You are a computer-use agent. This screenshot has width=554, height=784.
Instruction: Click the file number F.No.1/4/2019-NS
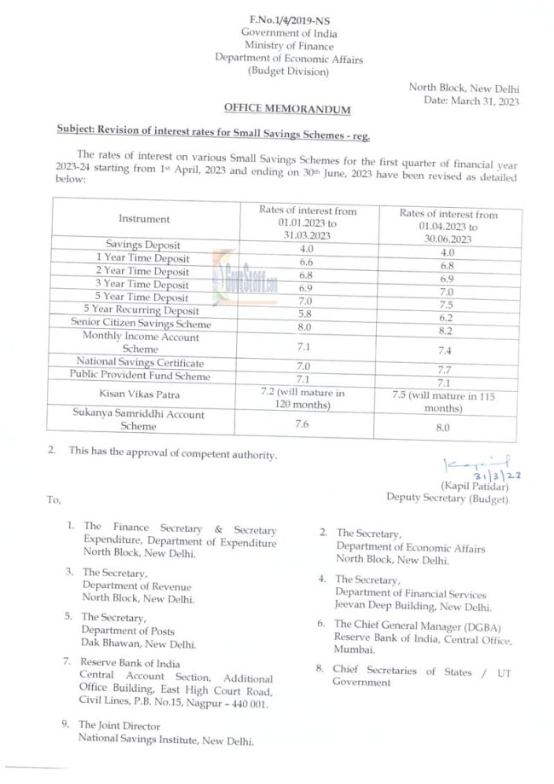click(275, 19)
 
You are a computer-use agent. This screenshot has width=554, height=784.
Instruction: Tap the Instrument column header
click(144, 219)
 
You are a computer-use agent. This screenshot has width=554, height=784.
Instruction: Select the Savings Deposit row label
click(144, 245)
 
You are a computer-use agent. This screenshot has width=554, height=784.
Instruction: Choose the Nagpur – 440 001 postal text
click(234, 706)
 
